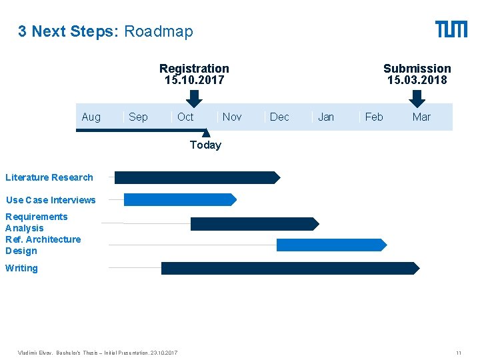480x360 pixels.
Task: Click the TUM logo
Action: click(451, 29)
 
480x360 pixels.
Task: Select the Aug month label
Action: click(91, 117)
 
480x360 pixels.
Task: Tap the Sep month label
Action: click(138, 117)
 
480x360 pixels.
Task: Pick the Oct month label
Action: click(185, 117)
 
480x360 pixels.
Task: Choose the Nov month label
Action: click(232, 117)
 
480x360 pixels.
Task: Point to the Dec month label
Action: click(279, 117)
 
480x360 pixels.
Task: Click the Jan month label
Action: click(326, 117)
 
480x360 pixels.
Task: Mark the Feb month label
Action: click(374, 117)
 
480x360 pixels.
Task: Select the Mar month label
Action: click(421, 117)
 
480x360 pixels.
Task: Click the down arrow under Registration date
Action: click(193, 98)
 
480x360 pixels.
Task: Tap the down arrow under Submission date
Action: click(417, 98)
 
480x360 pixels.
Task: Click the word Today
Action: click(205, 145)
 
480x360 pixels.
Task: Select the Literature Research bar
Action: click(197, 177)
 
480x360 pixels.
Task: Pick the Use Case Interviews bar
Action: click(180, 199)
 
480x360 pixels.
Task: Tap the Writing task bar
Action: click(290, 268)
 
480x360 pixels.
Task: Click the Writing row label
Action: click(21, 268)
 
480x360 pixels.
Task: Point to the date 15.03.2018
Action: click(417, 80)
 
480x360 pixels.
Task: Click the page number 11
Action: click(459, 352)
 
